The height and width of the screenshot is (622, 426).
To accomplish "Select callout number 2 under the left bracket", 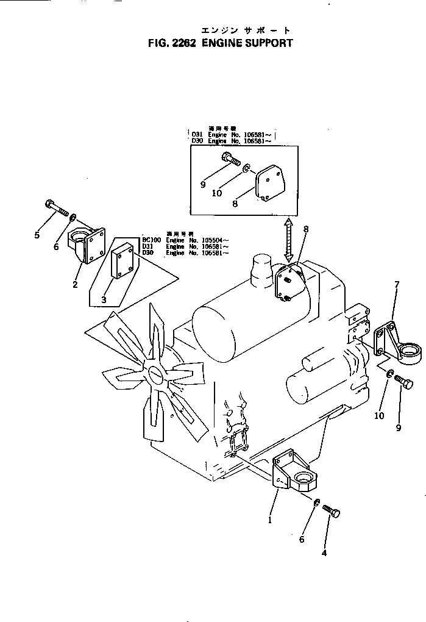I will [75, 284].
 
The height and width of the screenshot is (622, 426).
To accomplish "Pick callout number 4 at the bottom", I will [324, 553].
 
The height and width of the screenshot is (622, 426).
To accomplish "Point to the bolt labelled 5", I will [55, 209].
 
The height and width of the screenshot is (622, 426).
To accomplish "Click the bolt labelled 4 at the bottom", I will [330, 510].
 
